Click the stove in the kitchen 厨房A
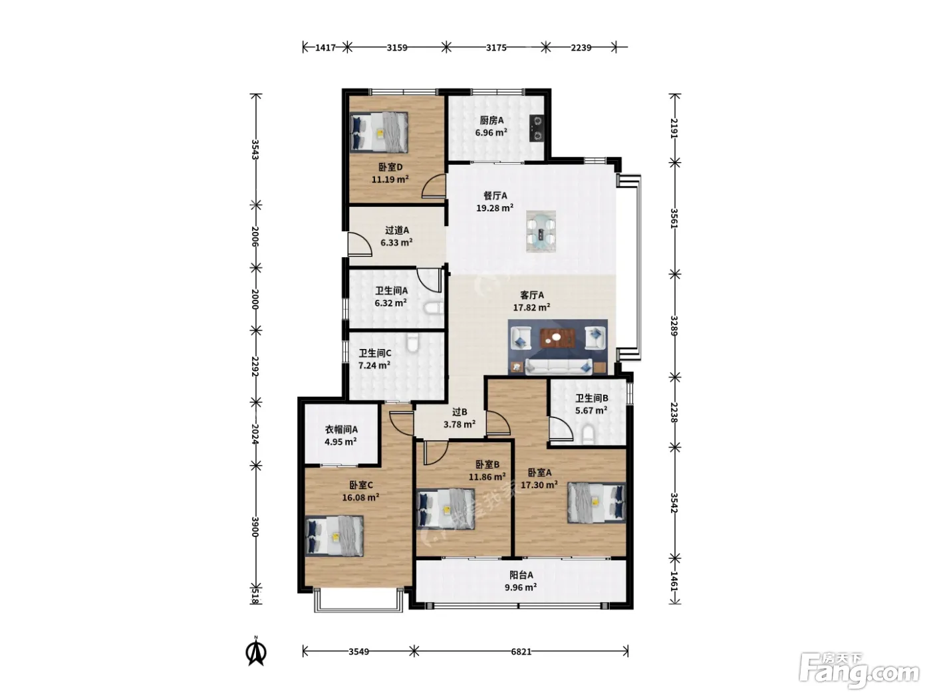pos(536,128)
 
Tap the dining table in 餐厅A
pos(541,232)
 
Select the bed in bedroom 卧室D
pos(379,132)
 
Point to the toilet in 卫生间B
pos(587,435)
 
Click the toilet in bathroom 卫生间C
pos(412,342)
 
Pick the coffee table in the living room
pos(556,338)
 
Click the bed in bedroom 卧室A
pos(597,502)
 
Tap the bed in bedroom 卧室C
pos(334,536)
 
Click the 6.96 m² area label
pos(491,133)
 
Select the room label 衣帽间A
pos(341,429)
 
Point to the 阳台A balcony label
pos(521,575)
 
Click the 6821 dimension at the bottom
pos(521,651)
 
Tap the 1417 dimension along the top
pos(325,47)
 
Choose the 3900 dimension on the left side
pos(255,526)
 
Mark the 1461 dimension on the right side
pos(674,582)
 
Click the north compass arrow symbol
pos(256,651)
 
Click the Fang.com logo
pos(859,671)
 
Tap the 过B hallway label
pos(460,412)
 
